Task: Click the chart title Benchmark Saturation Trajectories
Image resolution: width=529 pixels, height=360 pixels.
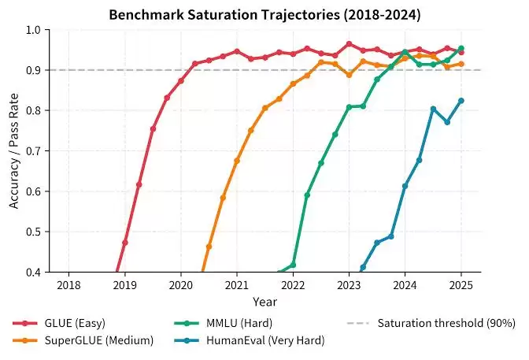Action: point(224,15)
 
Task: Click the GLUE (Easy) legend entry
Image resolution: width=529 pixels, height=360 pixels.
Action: point(59,323)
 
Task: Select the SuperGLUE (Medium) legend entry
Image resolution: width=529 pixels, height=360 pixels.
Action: point(83,340)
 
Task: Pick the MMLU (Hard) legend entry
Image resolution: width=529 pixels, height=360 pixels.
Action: point(224,323)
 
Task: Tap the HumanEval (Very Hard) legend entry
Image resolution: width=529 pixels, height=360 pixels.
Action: point(250,340)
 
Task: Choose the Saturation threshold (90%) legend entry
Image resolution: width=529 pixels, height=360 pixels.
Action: point(431,323)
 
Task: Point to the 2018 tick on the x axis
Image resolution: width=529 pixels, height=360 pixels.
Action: point(68,285)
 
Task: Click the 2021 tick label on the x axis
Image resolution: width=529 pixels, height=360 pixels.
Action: point(237,285)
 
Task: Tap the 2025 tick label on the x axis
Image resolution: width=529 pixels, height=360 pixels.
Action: point(461,285)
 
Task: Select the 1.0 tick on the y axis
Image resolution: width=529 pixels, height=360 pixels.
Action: point(33,30)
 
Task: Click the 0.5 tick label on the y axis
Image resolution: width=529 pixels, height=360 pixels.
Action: point(33,232)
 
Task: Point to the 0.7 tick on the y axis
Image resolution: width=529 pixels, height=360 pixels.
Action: point(33,151)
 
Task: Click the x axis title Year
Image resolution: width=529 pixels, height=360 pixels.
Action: point(264,302)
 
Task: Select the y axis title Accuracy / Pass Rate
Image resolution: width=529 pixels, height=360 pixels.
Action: point(14,151)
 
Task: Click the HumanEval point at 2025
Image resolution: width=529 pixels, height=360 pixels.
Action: point(461,101)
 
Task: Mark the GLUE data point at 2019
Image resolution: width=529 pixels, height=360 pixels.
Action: point(125,243)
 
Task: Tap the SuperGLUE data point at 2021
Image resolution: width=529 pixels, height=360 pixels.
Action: point(237,161)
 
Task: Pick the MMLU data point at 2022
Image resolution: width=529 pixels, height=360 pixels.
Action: point(293,265)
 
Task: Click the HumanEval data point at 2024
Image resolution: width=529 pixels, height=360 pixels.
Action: point(405,186)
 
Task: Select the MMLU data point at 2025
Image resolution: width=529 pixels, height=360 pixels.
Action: point(461,48)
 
